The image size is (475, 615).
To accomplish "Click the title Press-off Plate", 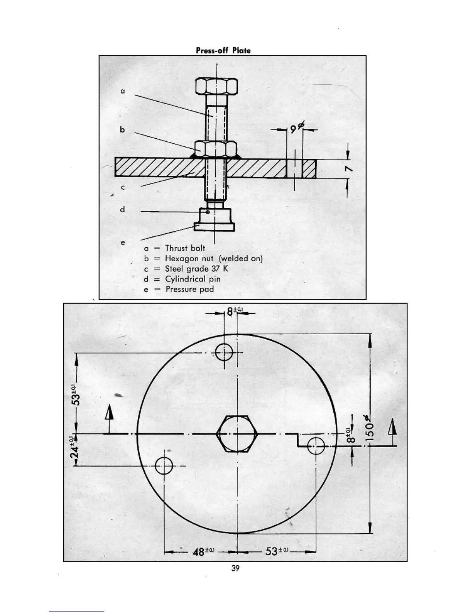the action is (223, 50).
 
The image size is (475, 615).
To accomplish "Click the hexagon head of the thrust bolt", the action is (217, 86).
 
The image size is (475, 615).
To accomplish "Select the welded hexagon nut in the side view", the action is (216, 148).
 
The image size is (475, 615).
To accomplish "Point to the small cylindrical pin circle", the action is (208, 212).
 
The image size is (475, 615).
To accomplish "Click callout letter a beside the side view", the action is (123, 91).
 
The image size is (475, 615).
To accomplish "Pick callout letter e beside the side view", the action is (123, 243).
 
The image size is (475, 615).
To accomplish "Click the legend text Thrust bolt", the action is (185, 248).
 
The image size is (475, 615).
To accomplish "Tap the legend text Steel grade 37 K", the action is (196, 269).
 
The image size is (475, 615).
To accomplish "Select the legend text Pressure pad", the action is (189, 289).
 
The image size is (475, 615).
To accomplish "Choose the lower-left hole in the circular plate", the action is (164, 466).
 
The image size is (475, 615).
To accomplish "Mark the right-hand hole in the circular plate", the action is (317, 446).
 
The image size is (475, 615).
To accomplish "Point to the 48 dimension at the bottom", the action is (202, 552).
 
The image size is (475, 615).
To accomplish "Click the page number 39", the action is (235, 568).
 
